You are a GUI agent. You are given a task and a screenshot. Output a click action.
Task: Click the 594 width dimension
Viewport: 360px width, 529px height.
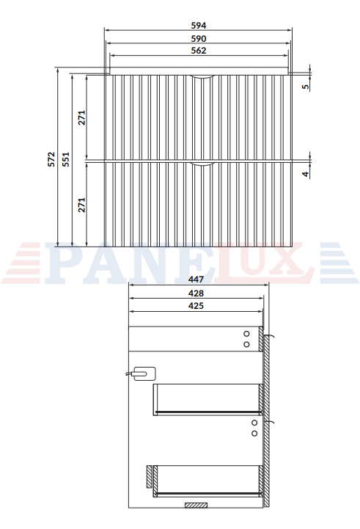tap(198, 26)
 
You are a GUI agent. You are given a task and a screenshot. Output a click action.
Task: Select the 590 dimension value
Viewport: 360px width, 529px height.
tap(198, 39)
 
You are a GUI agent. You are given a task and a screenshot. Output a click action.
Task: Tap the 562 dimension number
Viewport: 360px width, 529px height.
tap(198, 51)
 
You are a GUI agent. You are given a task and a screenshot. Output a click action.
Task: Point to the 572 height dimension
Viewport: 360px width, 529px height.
tap(51, 159)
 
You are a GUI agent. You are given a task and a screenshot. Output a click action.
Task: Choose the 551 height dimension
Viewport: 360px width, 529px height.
tap(66, 159)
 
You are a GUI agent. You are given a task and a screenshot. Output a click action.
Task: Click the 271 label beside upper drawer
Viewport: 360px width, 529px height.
tap(82, 117)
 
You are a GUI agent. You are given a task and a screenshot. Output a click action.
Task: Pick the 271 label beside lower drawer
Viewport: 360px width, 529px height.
tap(82, 205)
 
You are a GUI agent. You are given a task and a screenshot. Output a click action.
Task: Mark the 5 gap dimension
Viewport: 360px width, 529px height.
tap(306, 87)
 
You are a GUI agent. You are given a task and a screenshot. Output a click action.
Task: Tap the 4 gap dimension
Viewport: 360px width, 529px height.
tap(306, 174)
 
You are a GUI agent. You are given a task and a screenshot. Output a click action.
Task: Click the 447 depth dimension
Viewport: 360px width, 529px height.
tap(196, 280)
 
